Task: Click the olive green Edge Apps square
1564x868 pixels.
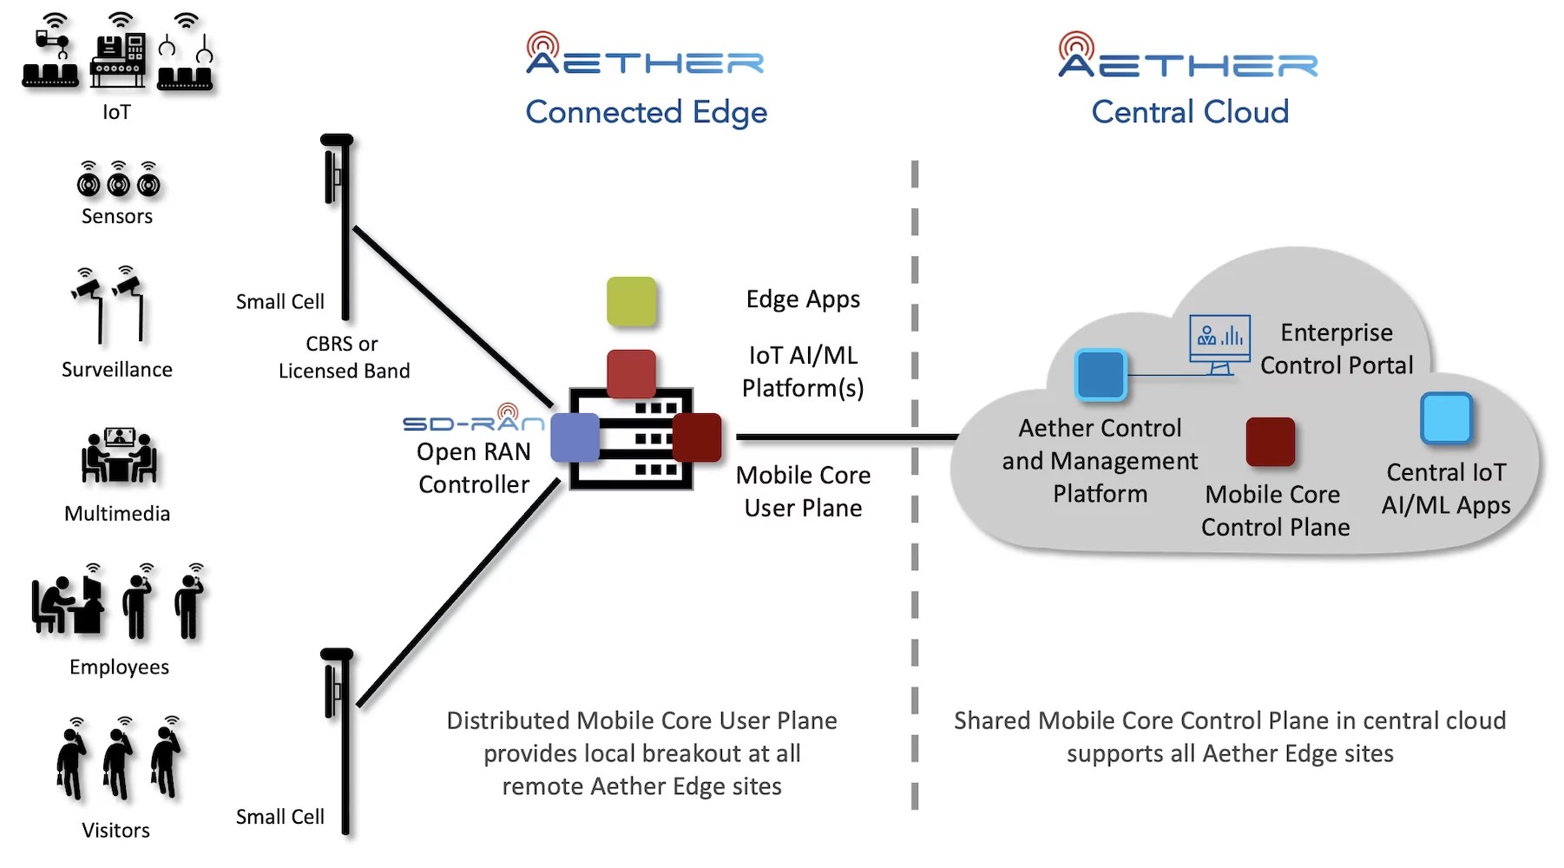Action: pyautogui.click(x=631, y=301)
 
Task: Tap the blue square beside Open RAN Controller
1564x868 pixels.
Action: pyautogui.click(x=575, y=437)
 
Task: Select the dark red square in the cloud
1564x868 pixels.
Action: pyautogui.click(x=1270, y=441)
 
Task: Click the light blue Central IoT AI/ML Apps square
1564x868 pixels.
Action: pyautogui.click(x=1446, y=418)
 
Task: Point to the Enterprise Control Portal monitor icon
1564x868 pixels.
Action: pyautogui.click(x=1219, y=343)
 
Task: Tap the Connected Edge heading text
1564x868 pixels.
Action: pyautogui.click(x=646, y=112)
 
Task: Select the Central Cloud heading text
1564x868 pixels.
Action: pyautogui.click(x=1189, y=112)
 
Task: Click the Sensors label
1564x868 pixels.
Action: pyautogui.click(x=117, y=216)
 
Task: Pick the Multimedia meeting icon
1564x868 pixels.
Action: pyautogui.click(x=118, y=455)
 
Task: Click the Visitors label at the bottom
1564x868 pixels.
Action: pyautogui.click(x=115, y=830)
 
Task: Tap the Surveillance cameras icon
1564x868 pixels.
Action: pyautogui.click(x=109, y=304)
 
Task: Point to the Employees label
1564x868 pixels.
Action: pyautogui.click(x=119, y=667)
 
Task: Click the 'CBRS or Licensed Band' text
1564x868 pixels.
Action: pyautogui.click(x=344, y=357)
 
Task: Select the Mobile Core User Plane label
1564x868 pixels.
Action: pyautogui.click(x=803, y=491)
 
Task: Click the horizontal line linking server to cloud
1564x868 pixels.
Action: pyautogui.click(x=846, y=437)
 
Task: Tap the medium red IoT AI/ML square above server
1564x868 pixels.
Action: pyautogui.click(x=631, y=373)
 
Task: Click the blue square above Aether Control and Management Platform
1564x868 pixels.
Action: pyautogui.click(x=1100, y=375)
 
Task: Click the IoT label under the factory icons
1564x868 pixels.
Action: pyautogui.click(x=116, y=112)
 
